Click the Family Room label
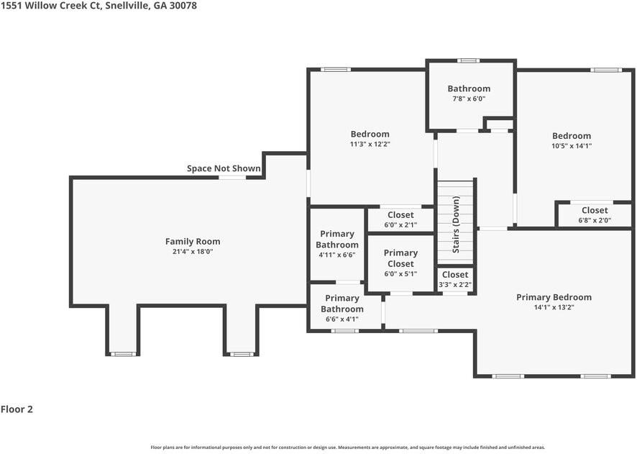(x=193, y=242)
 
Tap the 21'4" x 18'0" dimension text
(x=193, y=253)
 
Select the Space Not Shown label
(x=224, y=168)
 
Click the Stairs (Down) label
(x=456, y=224)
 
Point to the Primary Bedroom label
(x=554, y=297)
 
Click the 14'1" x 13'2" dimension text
(x=554, y=307)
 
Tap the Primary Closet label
(x=400, y=258)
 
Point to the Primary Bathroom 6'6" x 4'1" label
(x=342, y=304)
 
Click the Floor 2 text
(x=17, y=409)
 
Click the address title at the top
(x=98, y=6)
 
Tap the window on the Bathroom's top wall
(x=469, y=60)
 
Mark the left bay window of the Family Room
(x=123, y=354)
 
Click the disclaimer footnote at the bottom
(x=347, y=447)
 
